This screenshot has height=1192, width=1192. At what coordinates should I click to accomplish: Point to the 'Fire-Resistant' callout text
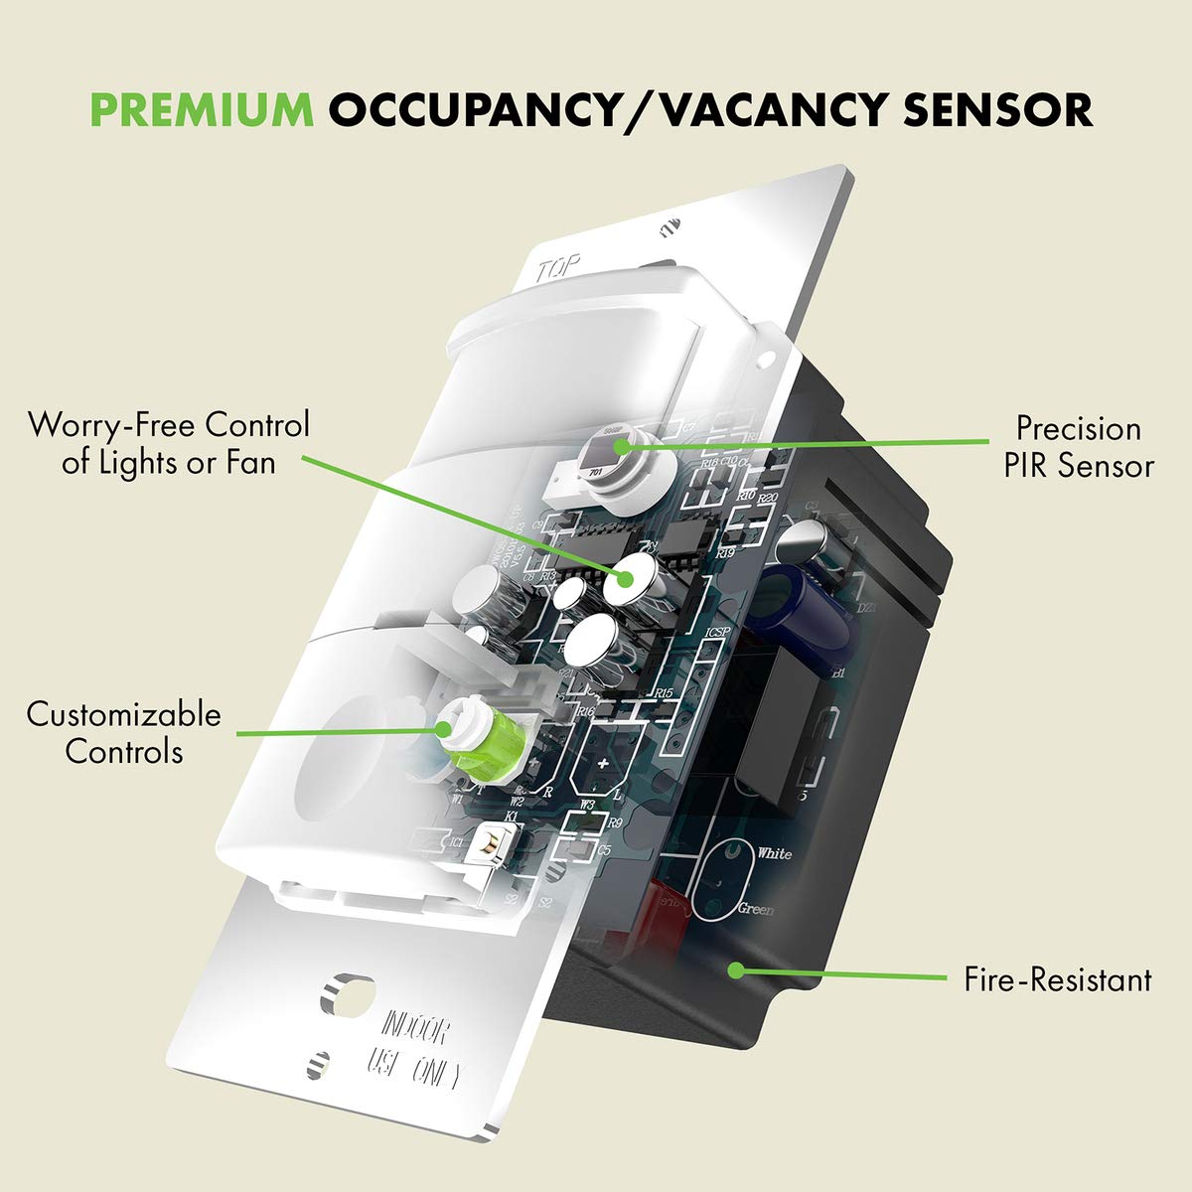tap(1058, 980)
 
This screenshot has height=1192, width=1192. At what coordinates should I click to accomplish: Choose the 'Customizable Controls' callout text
tap(124, 732)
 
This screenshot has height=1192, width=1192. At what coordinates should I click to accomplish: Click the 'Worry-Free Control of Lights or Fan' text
tap(169, 443)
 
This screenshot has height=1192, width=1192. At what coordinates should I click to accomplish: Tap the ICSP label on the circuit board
tap(718, 632)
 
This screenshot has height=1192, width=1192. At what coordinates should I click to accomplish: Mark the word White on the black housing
tap(774, 853)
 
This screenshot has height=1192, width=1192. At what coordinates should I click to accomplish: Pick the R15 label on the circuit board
tap(664, 693)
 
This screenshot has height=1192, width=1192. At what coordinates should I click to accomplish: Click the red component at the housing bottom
tap(668, 909)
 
